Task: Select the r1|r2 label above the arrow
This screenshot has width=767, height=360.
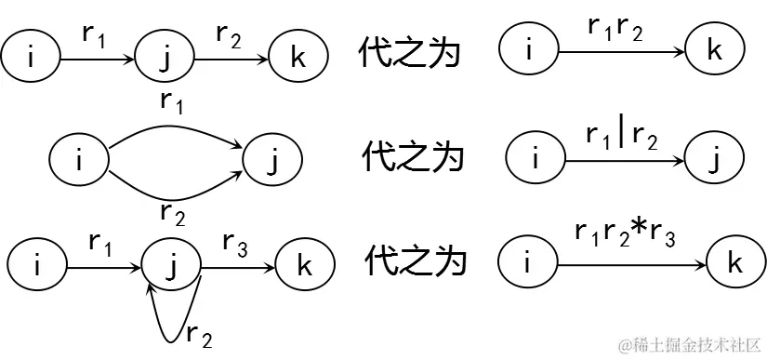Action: click(622, 135)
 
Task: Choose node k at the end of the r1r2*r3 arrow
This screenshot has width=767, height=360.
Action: click(734, 265)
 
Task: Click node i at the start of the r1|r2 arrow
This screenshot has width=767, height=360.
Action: click(535, 160)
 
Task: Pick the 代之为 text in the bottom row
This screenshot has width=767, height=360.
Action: click(410, 264)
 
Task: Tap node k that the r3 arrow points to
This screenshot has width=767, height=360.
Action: click(304, 267)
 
